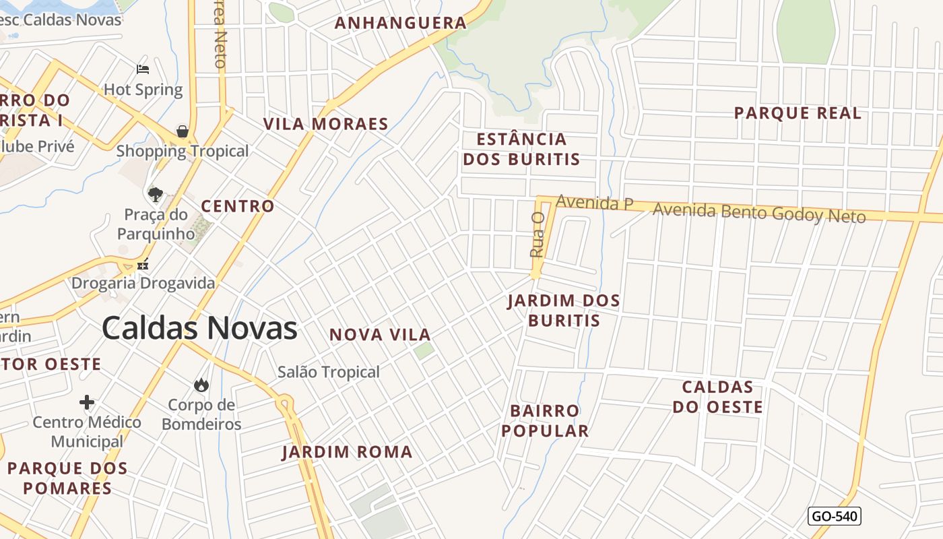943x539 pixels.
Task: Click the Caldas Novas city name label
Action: (199, 328)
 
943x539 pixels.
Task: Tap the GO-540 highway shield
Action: (834, 516)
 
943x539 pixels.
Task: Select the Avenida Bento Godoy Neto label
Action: (758, 213)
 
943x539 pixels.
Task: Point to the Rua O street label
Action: (537, 234)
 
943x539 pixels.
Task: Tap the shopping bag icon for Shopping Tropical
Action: (183, 131)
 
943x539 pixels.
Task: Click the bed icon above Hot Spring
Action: (143, 69)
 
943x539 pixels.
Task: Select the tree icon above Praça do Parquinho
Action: (156, 195)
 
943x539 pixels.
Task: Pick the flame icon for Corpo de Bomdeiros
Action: (201, 385)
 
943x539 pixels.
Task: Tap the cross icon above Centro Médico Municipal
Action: (87, 402)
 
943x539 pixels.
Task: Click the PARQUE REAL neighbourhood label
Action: (798, 113)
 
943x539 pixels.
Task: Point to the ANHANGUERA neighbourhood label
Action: (400, 24)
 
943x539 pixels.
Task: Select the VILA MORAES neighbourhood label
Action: (326, 125)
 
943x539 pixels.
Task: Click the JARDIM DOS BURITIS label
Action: (564, 311)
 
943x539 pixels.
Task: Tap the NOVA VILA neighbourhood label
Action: (380, 335)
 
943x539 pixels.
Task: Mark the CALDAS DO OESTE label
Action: (717, 397)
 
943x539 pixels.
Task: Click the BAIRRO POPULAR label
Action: (545, 421)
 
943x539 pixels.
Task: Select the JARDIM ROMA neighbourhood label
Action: (347, 452)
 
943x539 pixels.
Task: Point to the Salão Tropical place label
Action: (329, 372)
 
